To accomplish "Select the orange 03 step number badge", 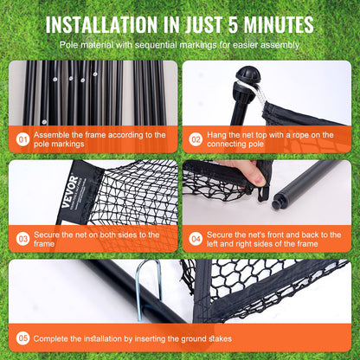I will click(23, 236).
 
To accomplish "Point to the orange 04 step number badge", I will click(196, 236).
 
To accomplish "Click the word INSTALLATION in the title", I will click(119, 23).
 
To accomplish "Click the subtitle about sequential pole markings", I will click(180, 43).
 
